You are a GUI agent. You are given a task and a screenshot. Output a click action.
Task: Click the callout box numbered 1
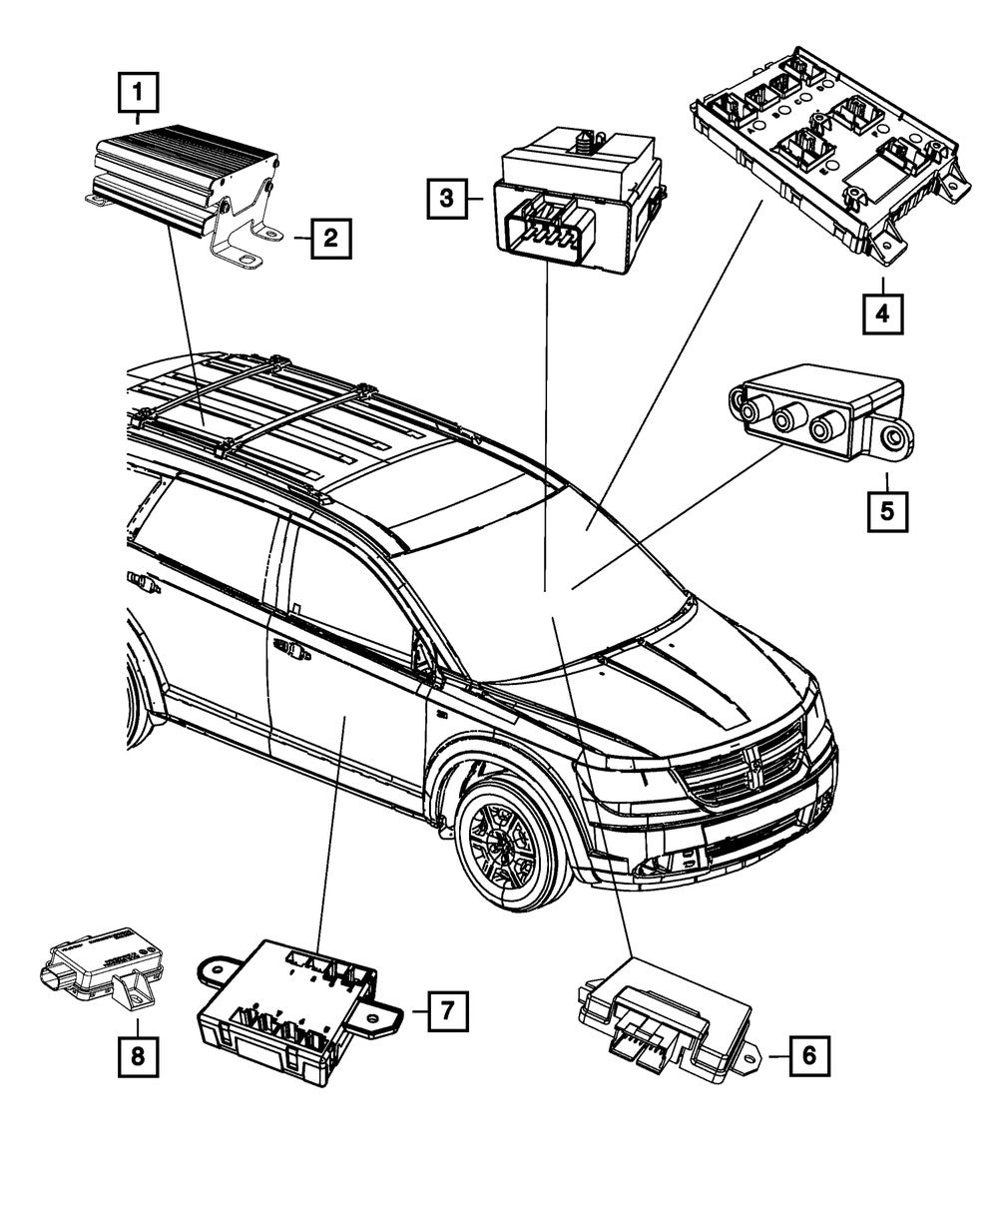pos(139,96)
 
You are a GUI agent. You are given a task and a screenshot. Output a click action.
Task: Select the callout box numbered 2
pos(330,239)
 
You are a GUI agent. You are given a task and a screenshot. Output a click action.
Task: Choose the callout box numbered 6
pos(808,1053)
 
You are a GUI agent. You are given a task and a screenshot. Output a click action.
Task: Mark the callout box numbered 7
pos(447,1010)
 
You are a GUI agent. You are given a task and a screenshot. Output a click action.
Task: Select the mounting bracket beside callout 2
pos(240,236)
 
